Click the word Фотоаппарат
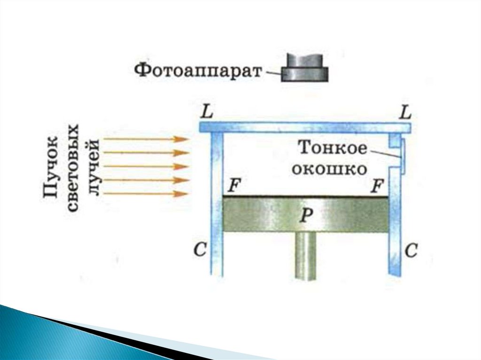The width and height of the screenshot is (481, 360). click(x=198, y=71)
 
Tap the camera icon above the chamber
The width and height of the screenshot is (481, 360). click(x=304, y=68)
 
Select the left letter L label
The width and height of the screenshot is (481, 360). click(x=205, y=113)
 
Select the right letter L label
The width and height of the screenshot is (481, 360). click(x=404, y=113)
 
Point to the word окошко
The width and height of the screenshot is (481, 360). click(x=329, y=168)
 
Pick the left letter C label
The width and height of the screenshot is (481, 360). click(x=200, y=251)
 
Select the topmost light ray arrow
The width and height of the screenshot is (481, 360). click(x=146, y=139)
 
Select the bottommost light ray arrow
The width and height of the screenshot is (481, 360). click(x=146, y=193)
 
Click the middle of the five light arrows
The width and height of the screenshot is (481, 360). click(x=146, y=166)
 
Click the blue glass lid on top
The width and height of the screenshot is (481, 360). click(x=305, y=127)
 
